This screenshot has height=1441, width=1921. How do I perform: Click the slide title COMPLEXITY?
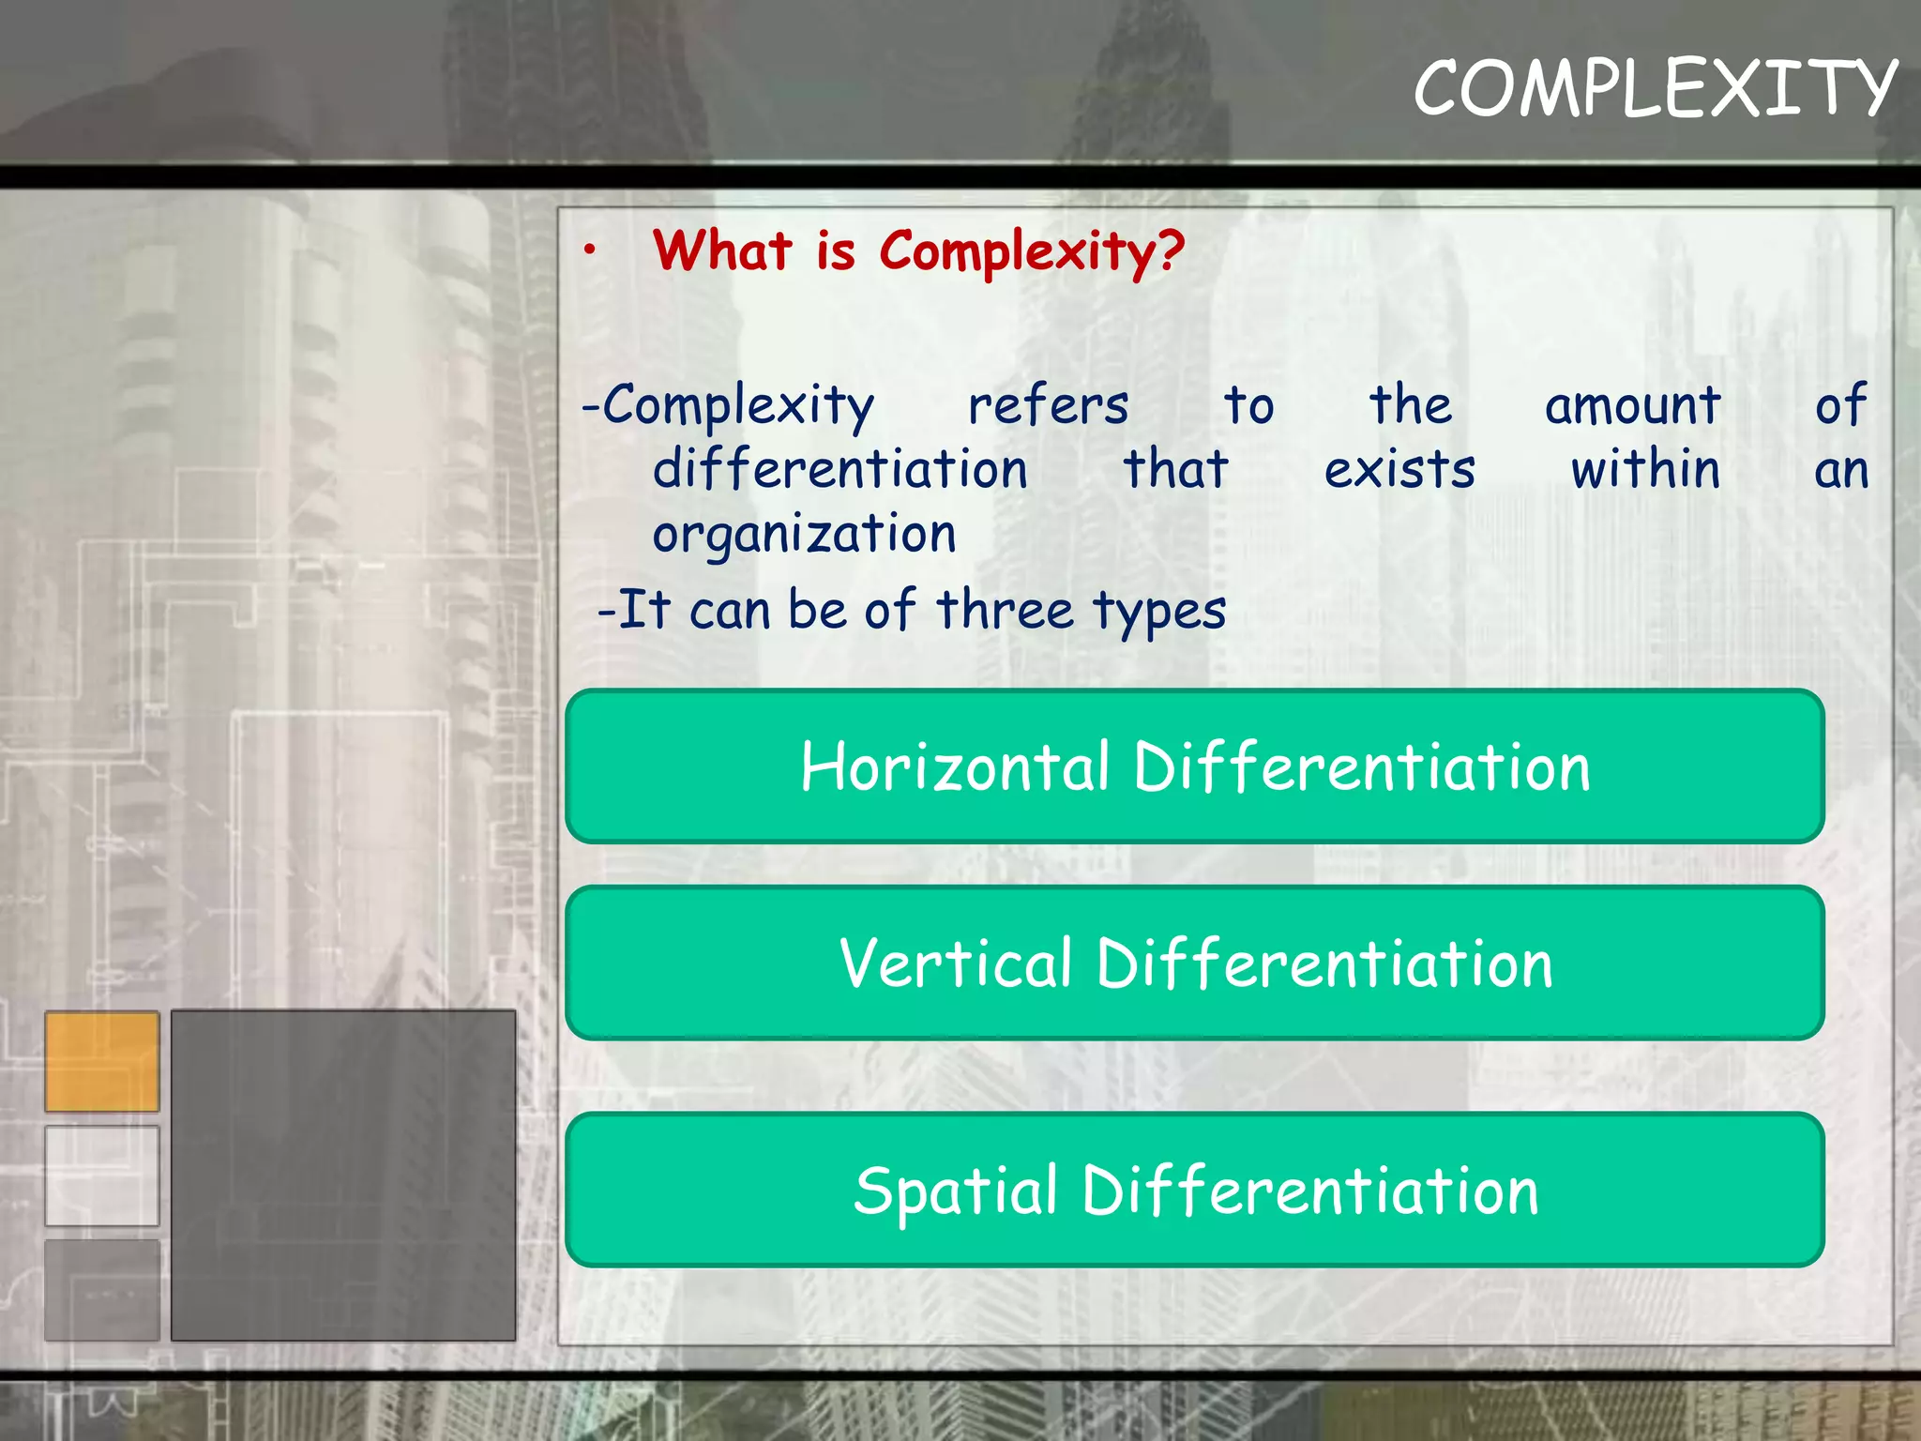click(x=1655, y=87)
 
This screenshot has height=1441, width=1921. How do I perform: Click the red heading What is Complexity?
click(x=918, y=251)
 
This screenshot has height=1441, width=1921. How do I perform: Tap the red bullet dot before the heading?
click(x=589, y=250)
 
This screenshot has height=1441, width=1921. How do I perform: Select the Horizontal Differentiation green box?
click(x=1194, y=766)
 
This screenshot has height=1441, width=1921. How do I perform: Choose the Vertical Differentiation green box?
click(x=1194, y=963)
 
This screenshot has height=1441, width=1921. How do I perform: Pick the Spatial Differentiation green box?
click(x=1194, y=1190)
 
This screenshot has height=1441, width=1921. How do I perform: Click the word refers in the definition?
click(x=1048, y=406)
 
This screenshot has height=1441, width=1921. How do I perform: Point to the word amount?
click(x=1632, y=406)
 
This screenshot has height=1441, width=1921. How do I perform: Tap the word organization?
click(x=804, y=535)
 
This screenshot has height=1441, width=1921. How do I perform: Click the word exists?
click(x=1399, y=469)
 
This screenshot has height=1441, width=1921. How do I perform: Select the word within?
click(x=1645, y=469)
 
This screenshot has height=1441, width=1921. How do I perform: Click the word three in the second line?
click(x=1005, y=610)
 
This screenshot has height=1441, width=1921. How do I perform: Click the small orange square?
click(x=102, y=1061)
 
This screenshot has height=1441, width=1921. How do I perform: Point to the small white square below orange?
click(x=102, y=1176)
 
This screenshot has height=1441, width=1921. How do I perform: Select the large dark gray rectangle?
click(x=343, y=1175)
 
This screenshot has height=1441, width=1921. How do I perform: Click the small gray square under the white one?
click(x=102, y=1290)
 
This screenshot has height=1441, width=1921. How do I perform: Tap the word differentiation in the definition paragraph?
click(x=839, y=469)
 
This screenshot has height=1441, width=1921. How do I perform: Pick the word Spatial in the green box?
click(x=956, y=1191)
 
